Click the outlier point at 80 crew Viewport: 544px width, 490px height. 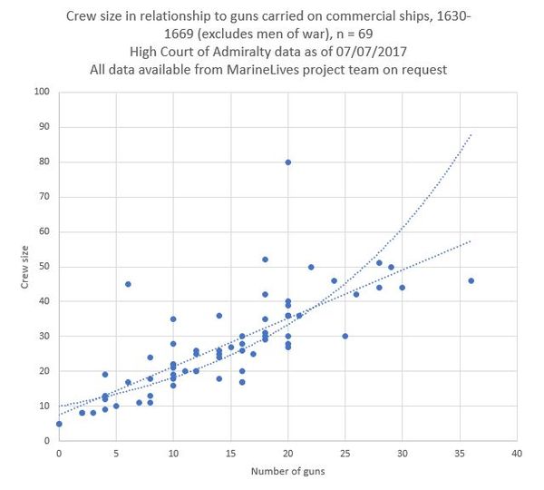(287, 162)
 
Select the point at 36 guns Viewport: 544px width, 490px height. (471, 280)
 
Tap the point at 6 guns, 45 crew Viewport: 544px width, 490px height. (128, 284)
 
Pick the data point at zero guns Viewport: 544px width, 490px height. (59, 424)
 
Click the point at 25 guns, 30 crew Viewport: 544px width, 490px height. (345, 336)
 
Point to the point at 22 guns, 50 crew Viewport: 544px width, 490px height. (311, 267)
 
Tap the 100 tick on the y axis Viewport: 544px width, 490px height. (42, 92)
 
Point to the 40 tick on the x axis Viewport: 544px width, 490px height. (516, 453)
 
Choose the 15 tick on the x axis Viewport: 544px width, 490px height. (230, 453)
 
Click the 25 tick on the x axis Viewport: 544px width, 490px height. (345, 453)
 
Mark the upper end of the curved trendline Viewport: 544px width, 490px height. (471, 134)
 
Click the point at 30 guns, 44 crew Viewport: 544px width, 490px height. (402, 288)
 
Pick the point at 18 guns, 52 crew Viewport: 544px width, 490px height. (265, 260)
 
